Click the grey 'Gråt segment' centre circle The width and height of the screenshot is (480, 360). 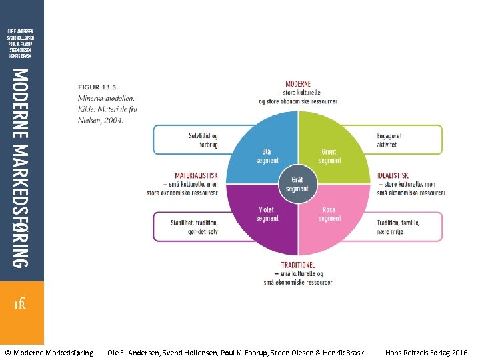click(297, 184)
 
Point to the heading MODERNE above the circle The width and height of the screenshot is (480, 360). click(297, 85)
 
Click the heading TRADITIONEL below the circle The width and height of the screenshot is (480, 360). click(297, 265)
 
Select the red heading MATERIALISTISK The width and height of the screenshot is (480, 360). click(196, 176)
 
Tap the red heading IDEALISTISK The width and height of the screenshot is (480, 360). click(393, 176)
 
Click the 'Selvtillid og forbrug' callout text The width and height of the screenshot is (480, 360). click(203, 140)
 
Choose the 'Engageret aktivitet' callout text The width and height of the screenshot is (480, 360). click(390, 140)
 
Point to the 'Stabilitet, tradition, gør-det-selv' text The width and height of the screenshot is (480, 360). click(194, 227)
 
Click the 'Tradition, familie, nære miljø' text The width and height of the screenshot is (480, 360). click(398, 227)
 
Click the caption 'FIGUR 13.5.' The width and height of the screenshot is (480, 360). click(98, 87)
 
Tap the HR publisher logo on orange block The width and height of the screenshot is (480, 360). click(21, 304)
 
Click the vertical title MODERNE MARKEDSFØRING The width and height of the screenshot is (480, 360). click(21, 168)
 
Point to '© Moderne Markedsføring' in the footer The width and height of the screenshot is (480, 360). click(49, 352)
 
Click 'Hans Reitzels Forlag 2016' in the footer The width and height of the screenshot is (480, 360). click(426, 352)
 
